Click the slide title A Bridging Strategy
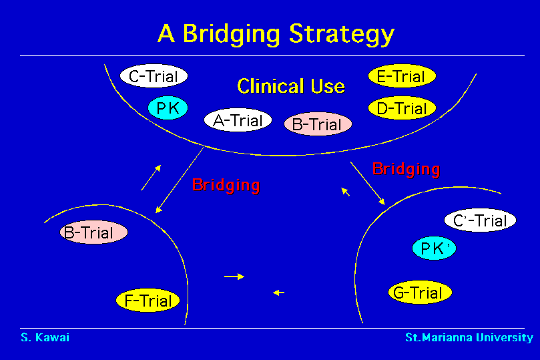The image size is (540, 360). [276, 33]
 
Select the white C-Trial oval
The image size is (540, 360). [154, 77]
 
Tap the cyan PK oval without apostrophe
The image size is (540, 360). [168, 108]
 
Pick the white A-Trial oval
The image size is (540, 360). [238, 121]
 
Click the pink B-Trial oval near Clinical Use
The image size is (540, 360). [317, 124]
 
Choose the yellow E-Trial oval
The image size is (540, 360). [401, 77]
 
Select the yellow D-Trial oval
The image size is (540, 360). [401, 108]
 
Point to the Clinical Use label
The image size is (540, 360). [291, 86]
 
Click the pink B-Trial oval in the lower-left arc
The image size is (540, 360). [93, 233]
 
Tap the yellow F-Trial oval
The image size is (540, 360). [148, 301]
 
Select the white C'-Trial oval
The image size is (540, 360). [480, 220]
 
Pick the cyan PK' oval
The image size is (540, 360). [434, 249]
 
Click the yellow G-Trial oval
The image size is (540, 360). [419, 293]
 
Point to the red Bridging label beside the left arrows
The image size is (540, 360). [226, 185]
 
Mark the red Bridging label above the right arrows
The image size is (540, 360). [406, 169]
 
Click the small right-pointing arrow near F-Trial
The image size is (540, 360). [234, 276]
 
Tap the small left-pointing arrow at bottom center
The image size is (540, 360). [279, 292]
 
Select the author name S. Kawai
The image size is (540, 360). [45, 337]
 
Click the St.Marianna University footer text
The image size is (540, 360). [469, 337]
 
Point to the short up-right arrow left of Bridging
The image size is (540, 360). [151, 177]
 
